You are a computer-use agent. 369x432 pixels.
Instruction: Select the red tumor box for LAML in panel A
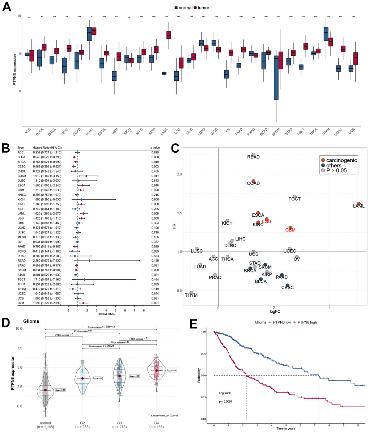click(169, 35)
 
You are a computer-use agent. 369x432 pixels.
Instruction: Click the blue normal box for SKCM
click(276, 77)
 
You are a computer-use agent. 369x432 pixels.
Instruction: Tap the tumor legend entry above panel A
click(201, 8)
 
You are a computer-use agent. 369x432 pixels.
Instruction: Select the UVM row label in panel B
click(21, 303)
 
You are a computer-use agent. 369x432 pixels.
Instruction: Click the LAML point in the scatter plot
click(359, 204)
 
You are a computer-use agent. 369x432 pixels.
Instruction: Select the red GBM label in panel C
click(290, 230)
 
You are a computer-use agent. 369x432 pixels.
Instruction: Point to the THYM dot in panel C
click(191, 293)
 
